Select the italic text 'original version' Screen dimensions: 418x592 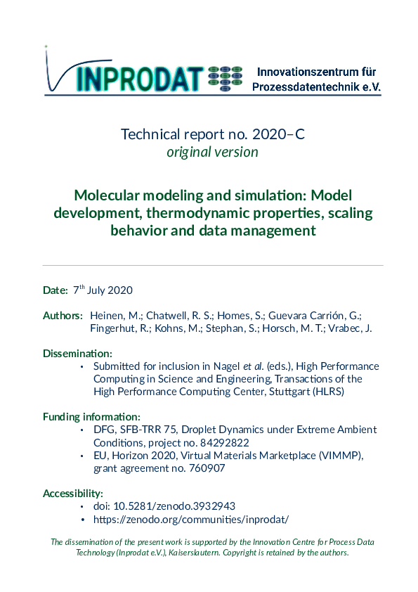click(212, 152)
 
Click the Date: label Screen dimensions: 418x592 click(55, 290)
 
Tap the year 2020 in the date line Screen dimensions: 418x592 click(119, 290)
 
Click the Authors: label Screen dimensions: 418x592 click(63, 316)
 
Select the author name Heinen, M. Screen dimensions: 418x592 click(113, 316)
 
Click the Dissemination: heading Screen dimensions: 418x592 click(77, 353)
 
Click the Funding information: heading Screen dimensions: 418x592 click(91, 417)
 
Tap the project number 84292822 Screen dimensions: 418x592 click(226, 442)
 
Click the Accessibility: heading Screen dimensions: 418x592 click(73, 494)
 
